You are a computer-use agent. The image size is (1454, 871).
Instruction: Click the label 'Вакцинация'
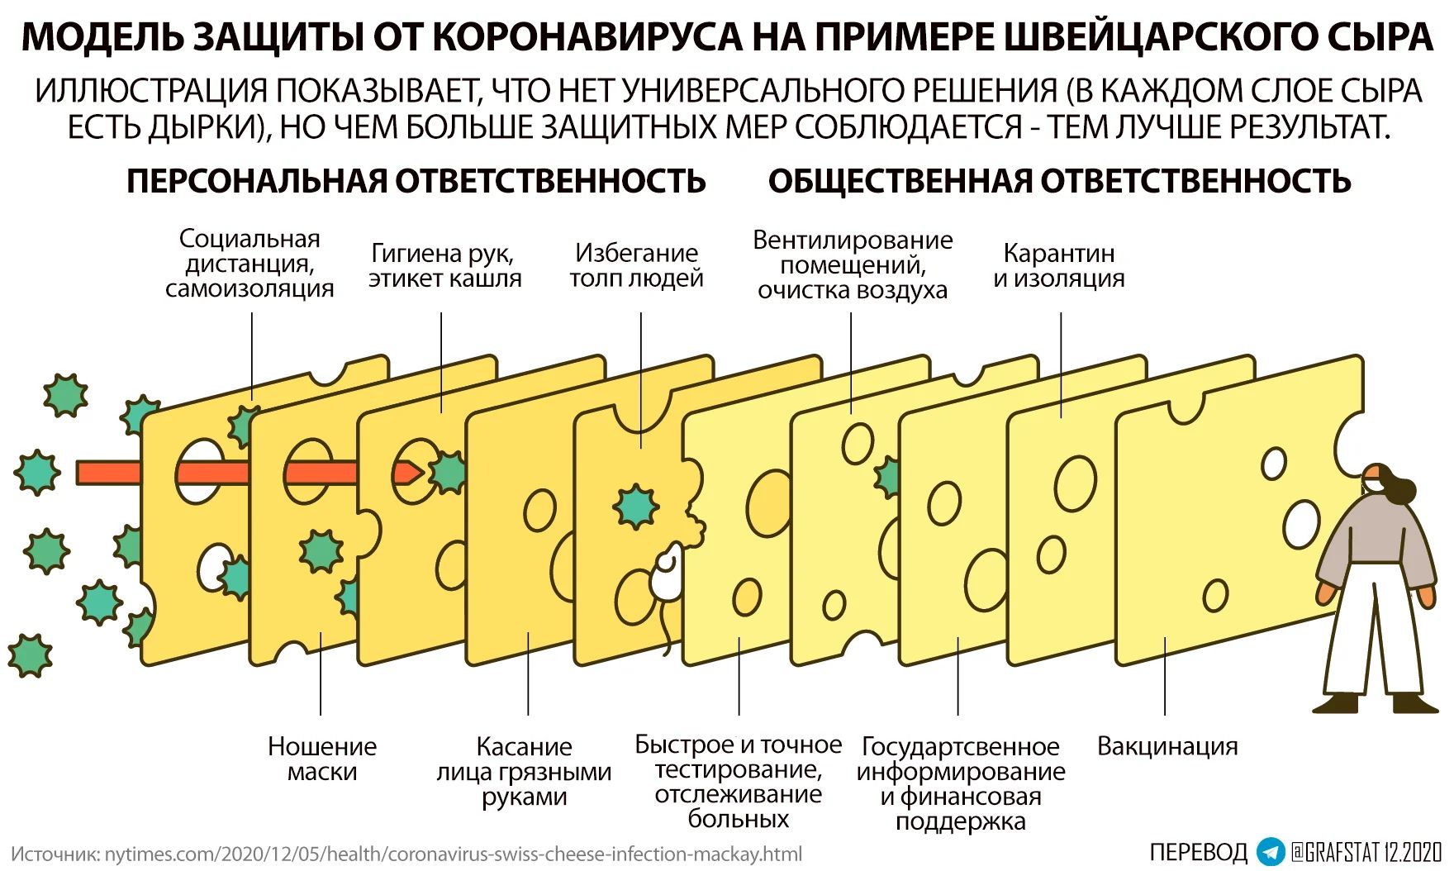[1167, 746]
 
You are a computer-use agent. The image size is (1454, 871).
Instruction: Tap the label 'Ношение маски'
[322, 759]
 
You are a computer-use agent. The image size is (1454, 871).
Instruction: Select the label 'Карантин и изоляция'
[1059, 265]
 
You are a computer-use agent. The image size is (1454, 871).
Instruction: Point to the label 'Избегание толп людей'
[636, 265]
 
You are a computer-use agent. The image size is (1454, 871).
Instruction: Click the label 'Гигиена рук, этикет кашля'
[444, 265]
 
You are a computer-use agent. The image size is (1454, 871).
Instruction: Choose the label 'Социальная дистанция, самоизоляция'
[249, 264]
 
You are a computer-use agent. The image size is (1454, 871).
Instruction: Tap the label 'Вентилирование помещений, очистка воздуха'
[853, 264]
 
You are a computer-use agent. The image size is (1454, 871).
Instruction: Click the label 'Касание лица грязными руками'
[524, 771]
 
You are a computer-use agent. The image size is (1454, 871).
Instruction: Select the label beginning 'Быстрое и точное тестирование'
[738, 782]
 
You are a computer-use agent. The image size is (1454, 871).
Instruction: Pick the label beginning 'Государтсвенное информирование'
[961, 783]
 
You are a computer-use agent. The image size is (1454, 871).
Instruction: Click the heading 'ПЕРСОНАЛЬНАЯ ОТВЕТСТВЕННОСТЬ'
[416, 181]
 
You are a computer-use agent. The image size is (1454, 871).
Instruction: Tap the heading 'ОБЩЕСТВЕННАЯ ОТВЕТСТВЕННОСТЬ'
[1060, 181]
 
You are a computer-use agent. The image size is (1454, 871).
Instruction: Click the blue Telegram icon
[1271, 851]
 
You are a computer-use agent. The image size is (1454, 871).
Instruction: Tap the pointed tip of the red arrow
[424, 473]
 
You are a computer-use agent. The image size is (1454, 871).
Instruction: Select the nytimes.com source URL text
[453, 854]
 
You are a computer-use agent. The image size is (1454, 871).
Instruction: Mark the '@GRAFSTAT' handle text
[1331, 851]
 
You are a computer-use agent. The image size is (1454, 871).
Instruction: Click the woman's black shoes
[1375, 703]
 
